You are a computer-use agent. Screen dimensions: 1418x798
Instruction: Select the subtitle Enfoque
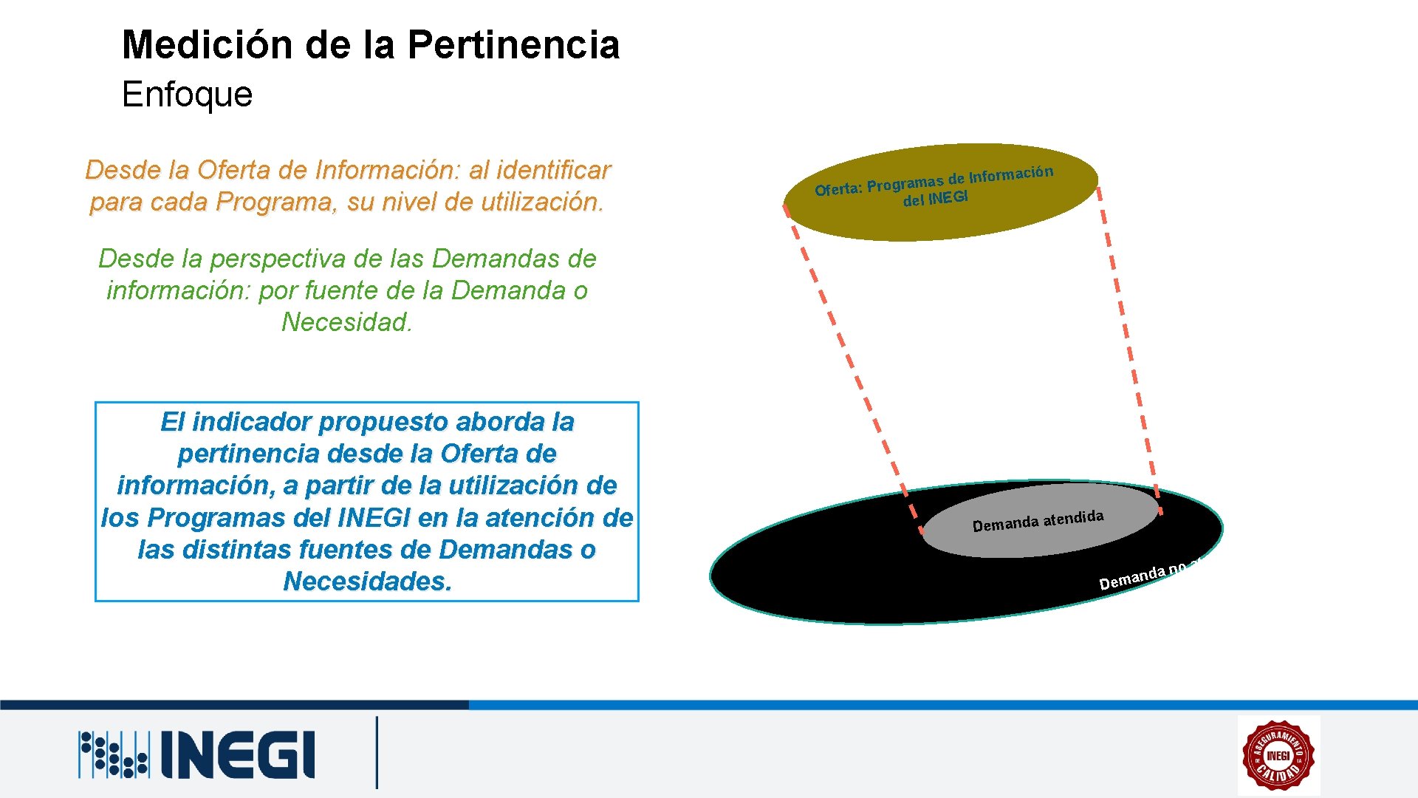[187, 95]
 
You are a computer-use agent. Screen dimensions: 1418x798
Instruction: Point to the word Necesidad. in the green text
[346, 322]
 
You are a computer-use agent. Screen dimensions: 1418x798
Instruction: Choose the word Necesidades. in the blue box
[367, 582]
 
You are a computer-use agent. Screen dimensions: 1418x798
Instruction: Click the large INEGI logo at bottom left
[198, 754]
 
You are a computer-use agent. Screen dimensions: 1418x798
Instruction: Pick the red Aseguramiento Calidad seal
[1278, 755]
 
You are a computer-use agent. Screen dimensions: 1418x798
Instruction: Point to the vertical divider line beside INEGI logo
[377, 752]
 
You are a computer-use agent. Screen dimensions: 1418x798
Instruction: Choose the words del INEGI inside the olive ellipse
[935, 199]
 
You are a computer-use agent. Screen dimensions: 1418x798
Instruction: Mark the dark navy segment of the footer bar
[233, 705]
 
